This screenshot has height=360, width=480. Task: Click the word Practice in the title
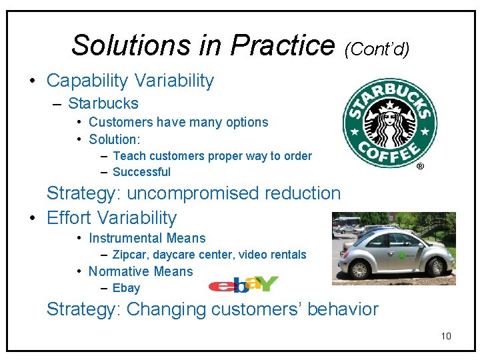282,45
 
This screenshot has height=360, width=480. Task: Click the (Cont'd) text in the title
377,48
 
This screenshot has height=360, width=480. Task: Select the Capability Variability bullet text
130,81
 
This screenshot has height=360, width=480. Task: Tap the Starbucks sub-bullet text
103,103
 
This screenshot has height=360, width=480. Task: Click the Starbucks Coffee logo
389,123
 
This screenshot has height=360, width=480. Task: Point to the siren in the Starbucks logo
389,122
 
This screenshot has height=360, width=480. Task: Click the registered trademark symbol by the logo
420,167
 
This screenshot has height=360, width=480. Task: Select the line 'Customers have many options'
178,122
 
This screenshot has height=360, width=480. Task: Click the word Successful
141,172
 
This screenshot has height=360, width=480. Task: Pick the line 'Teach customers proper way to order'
212,156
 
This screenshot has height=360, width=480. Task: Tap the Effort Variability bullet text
111,218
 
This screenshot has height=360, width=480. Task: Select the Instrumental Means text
147,238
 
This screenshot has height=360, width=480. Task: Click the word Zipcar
130,255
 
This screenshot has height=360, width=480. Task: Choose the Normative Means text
140,271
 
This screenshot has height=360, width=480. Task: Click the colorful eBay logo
243,284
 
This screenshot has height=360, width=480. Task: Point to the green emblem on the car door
401,255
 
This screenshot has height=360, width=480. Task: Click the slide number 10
446,336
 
